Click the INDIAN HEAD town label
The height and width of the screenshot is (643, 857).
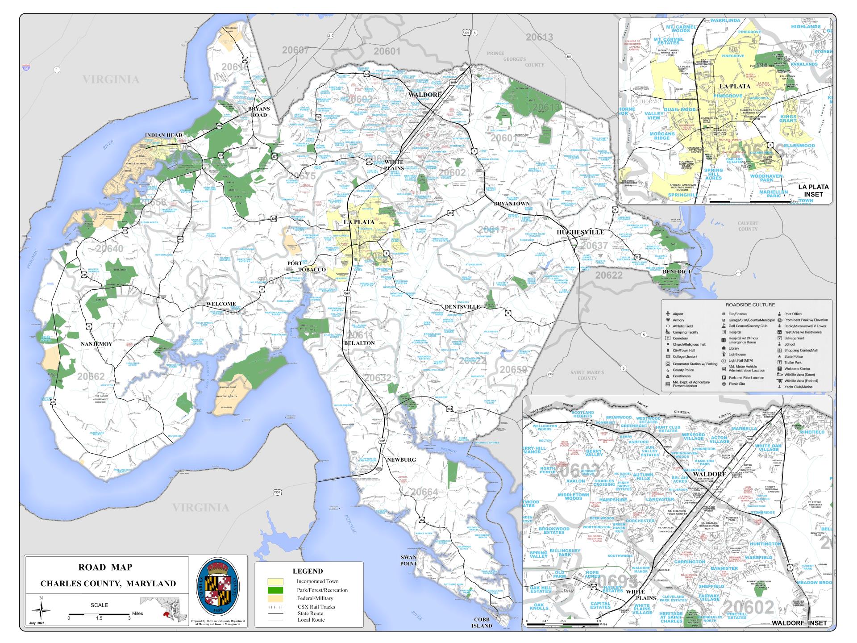click(x=163, y=135)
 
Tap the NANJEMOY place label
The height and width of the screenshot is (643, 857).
click(x=96, y=344)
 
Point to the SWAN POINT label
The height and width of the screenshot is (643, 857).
click(x=408, y=560)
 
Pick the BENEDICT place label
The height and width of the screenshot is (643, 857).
click(x=677, y=271)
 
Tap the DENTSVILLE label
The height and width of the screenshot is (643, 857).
click(x=462, y=307)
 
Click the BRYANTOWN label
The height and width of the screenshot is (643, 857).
click(x=512, y=204)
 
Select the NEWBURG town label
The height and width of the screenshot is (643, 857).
click(x=401, y=459)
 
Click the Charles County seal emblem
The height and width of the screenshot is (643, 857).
click(x=218, y=586)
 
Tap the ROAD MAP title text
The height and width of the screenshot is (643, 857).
click(x=105, y=568)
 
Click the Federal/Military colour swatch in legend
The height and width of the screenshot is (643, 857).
click(x=275, y=598)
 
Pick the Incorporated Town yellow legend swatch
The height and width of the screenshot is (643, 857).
click(x=275, y=581)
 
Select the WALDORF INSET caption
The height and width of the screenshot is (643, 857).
click(x=799, y=623)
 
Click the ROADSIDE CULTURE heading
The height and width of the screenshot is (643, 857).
click(x=746, y=305)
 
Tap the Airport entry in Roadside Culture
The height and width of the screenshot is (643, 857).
click(x=678, y=314)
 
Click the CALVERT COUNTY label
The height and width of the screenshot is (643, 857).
click(x=748, y=226)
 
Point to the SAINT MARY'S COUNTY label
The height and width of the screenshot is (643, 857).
click(x=587, y=375)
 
